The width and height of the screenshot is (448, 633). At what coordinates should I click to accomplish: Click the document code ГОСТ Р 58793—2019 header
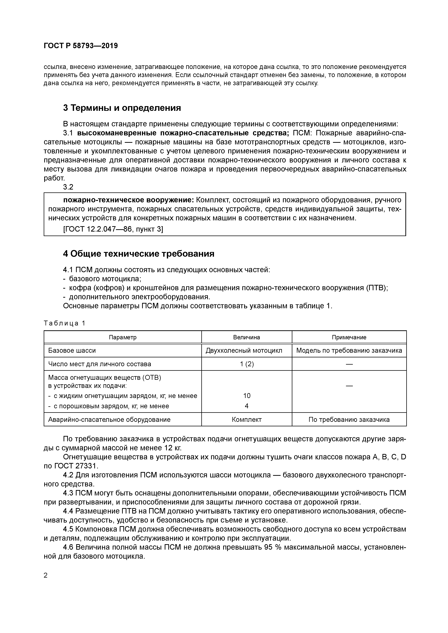coord(81,46)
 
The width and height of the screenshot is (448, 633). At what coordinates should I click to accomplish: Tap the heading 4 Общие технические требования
coord(138,253)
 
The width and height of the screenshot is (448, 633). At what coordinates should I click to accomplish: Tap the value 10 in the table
coord(247,396)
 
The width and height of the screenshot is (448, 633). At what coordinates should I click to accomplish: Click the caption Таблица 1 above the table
coord(64,323)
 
